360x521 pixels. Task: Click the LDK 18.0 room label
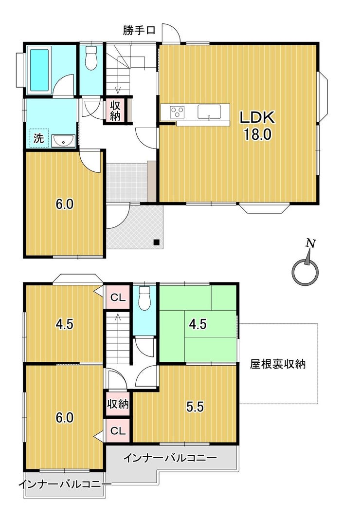[x=257, y=126]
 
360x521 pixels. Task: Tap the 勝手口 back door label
[x=139, y=31]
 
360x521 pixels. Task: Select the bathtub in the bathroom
[x=40, y=70]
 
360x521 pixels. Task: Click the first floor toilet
[x=90, y=57]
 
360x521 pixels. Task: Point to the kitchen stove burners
[x=177, y=111]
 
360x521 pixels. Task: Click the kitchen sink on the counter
[x=209, y=112]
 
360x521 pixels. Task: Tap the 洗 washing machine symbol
[x=39, y=138]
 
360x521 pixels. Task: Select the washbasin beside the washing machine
[x=63, y=141]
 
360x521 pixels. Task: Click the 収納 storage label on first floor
[x=115, y=111]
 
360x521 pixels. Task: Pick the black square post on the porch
[x=156, y=242]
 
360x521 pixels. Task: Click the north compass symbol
[x=306, y=268]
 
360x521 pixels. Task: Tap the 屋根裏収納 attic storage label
[x=278, y=364]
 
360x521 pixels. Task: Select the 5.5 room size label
[x=195, y=407]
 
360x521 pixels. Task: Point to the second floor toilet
[x=144, y=298]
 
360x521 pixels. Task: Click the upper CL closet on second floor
[x=118, y=298]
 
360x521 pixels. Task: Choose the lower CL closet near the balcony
[x=118, y=431]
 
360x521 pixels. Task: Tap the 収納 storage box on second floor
[x=118, y=404]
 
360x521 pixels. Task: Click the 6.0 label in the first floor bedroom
[x=64, y=204]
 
